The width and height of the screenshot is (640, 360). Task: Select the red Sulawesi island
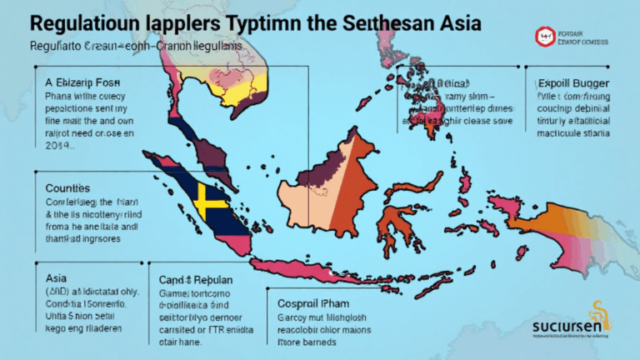tap(396, 221)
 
